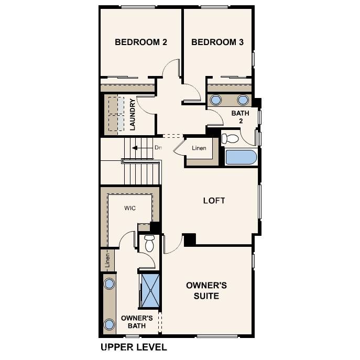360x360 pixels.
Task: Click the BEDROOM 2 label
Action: [140, 42]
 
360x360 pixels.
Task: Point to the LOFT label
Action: [214, 200]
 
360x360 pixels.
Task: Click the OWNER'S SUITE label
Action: [206, 291]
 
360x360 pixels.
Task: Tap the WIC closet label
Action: [130, 208]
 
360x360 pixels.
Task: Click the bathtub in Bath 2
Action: [241, 158]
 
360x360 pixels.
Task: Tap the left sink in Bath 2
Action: [215, 100]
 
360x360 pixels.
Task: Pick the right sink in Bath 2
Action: [243, 100]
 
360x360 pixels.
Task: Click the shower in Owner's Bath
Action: [151, 290]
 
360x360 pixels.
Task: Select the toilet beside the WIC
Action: [149, 243]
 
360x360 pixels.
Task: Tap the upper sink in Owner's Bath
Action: [109, 284]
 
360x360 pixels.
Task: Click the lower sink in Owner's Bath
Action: [109, 323]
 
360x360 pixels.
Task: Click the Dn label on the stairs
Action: [158, 148]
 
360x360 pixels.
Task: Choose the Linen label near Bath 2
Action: [199, 148]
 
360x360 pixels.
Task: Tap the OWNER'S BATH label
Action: [137, 322]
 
